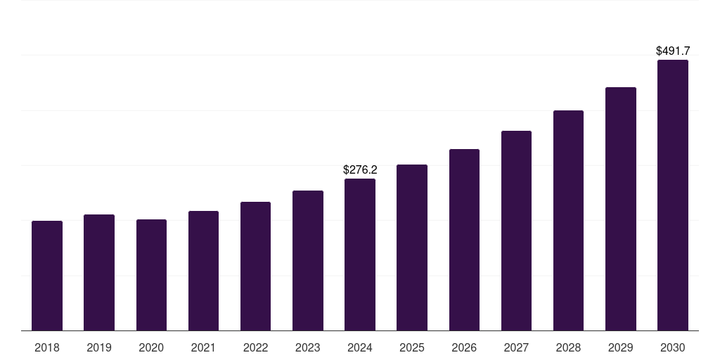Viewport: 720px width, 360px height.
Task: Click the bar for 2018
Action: click(x=47, y=276)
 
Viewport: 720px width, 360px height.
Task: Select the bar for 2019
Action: click(x=99, y=273)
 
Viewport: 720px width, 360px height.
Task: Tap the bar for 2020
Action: click(x=151, y=275)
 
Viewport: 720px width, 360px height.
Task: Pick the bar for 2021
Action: click(x=203, y=271)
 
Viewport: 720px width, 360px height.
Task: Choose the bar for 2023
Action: click(x=308, y=261)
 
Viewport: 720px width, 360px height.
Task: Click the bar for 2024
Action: click(x=360, y=255)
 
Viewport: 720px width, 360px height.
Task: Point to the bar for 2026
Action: click(x=464, y=240)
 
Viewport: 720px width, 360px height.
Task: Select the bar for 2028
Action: click(x=568, y=221)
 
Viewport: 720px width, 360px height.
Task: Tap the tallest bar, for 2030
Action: click(x=672, y=195)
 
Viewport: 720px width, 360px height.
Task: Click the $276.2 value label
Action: click(x=360, y=169)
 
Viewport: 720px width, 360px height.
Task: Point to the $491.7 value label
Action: click(x=673, y=51)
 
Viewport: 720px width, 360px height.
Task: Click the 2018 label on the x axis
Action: click(x=47, y=347)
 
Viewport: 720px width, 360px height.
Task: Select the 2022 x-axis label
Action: click(x=255, y=347)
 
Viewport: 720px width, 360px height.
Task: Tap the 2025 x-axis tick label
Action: click(x=412, y=347)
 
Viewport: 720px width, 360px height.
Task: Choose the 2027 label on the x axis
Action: click(x=516, y=347)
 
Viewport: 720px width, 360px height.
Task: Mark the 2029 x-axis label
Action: click(x=620, y=347)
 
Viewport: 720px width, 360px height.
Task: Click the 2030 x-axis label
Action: click(x=672, y=347)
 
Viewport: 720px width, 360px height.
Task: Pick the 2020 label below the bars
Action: click(x=151, y=347)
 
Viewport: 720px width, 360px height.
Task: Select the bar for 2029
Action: click(x=620, y=209)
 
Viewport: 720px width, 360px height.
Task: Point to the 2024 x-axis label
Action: click(x=360, y=347)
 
